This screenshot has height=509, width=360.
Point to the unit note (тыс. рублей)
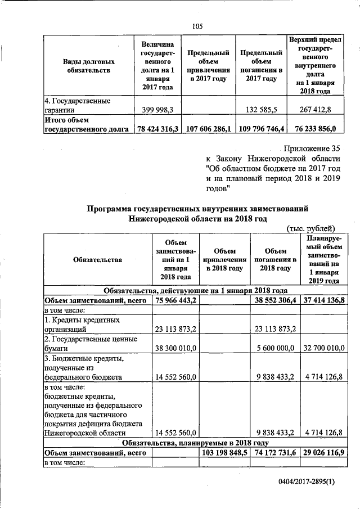coord(311,228)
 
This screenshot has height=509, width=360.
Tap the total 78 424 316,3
coord(158,129)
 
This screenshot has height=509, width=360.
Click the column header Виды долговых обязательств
coord(91,65)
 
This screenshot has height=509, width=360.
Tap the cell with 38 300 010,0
coord(175,349)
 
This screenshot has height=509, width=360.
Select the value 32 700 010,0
coord(323,349)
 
